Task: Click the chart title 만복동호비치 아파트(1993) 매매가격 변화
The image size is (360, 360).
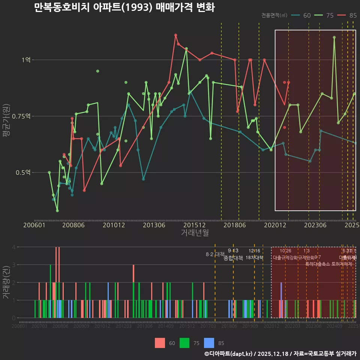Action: [124, 7]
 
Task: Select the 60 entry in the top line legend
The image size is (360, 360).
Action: [307, 15]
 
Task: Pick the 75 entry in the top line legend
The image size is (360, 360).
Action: [330, 15]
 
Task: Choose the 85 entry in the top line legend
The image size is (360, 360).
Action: [353, 15]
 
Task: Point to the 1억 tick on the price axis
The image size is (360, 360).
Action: [26, 60]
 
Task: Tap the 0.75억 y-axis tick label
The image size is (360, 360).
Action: [23, 116]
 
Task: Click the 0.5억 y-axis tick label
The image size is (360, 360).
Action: [24, 172]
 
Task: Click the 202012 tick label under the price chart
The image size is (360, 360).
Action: [275, 225]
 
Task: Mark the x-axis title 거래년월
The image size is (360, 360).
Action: [195, 233]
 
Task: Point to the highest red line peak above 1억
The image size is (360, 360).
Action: [175, 35]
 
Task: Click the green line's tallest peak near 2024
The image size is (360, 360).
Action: [334, 37]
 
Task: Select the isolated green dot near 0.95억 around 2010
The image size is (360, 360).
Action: [97, 71]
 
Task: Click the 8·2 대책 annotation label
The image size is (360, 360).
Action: [215, 254]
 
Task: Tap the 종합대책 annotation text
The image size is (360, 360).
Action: [233, 258]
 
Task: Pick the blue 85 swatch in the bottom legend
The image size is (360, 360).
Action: [209, 343]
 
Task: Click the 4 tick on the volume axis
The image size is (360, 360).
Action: [13, 247]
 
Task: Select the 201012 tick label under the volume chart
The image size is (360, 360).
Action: [102, 327]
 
